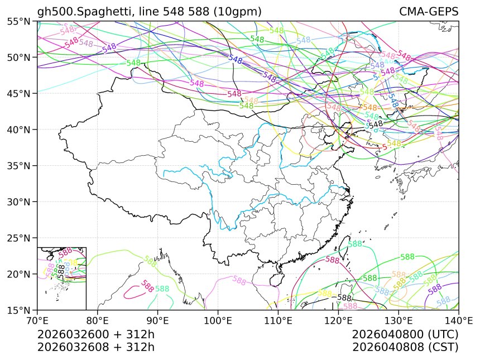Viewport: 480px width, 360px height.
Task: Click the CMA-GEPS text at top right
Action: (429, 12)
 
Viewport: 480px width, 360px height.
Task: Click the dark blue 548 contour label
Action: (236, 59)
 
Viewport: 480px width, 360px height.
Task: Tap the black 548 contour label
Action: (376, 124)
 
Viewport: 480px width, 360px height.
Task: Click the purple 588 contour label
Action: (435, 289)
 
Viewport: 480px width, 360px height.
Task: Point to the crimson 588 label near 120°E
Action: (333, 260)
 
